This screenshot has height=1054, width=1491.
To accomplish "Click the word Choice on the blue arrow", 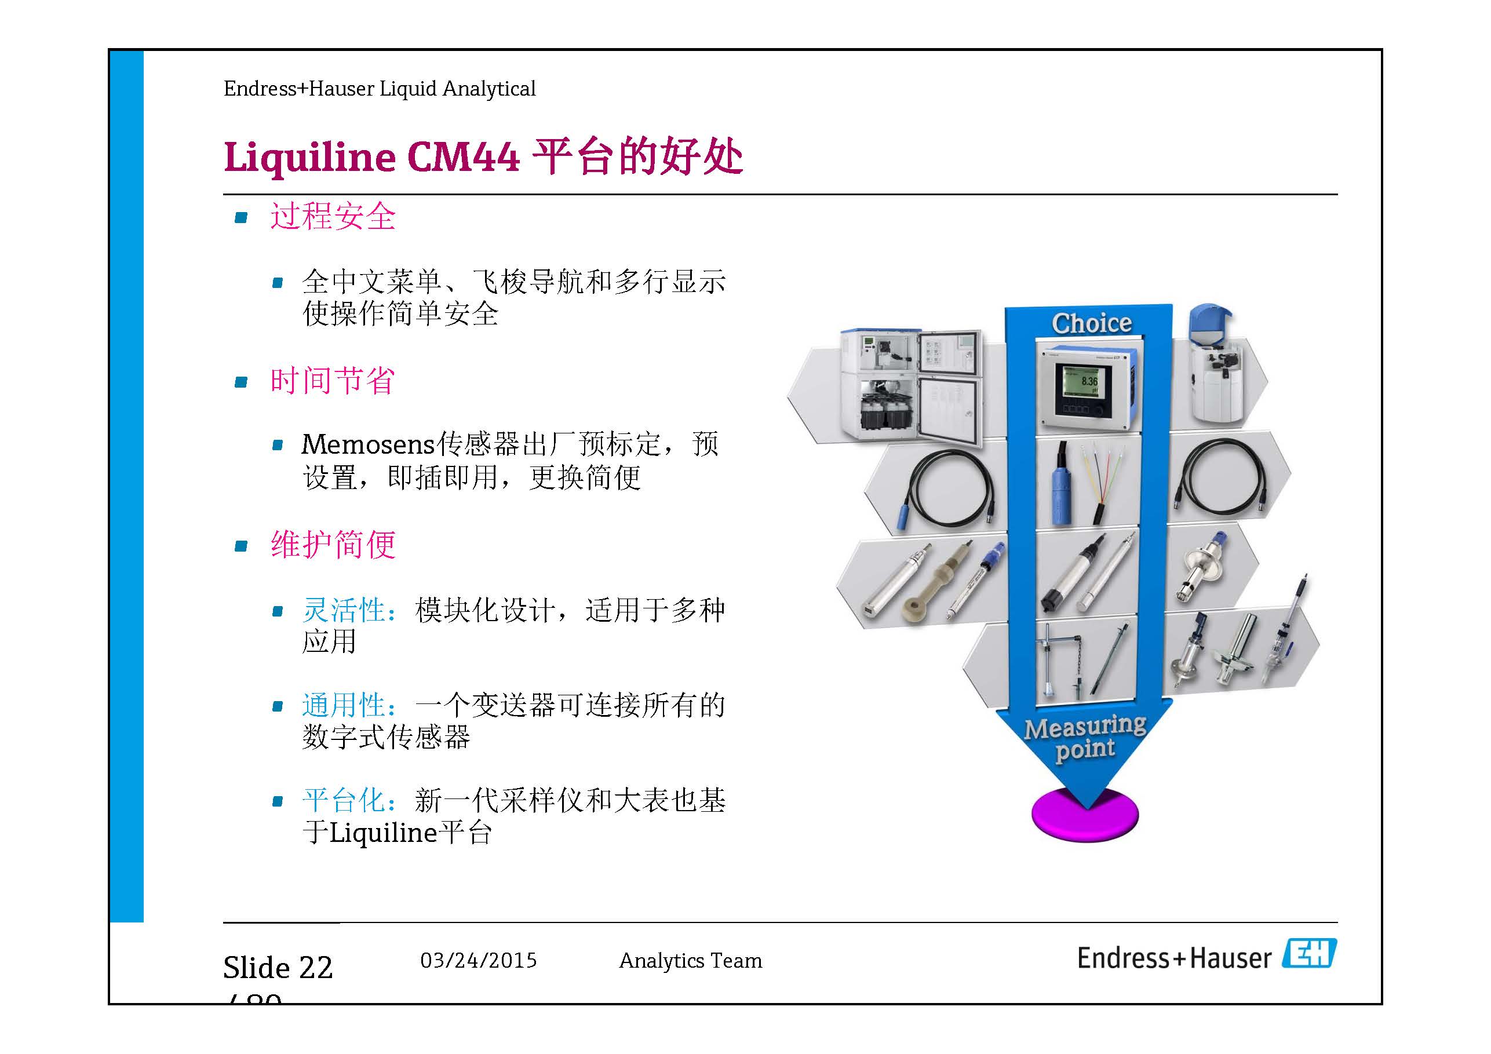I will coord(1091,323).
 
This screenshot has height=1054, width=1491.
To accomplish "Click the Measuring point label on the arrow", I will coord(1085,738).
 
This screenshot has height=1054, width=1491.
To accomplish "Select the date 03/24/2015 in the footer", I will coord(479,961).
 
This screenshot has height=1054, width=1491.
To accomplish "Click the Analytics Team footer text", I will coord(690,961).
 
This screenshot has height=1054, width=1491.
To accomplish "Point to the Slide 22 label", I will coord(278,968).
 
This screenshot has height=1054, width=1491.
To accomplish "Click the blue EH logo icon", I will coord(1309,953).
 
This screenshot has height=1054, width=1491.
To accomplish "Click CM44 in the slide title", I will coord(463,157).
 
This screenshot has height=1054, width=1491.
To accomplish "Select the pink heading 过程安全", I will coord(333,216).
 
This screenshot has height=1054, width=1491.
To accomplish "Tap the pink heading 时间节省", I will coord(333,381).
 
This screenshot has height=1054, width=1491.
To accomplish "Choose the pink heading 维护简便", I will coord(333,544).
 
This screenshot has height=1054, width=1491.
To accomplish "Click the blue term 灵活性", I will coord(344,611).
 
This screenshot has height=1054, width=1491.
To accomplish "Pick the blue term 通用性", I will coord(344,705).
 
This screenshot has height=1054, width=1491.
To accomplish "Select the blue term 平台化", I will coord(344,800).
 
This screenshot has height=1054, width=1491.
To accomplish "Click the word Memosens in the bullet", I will coord(367,445).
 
